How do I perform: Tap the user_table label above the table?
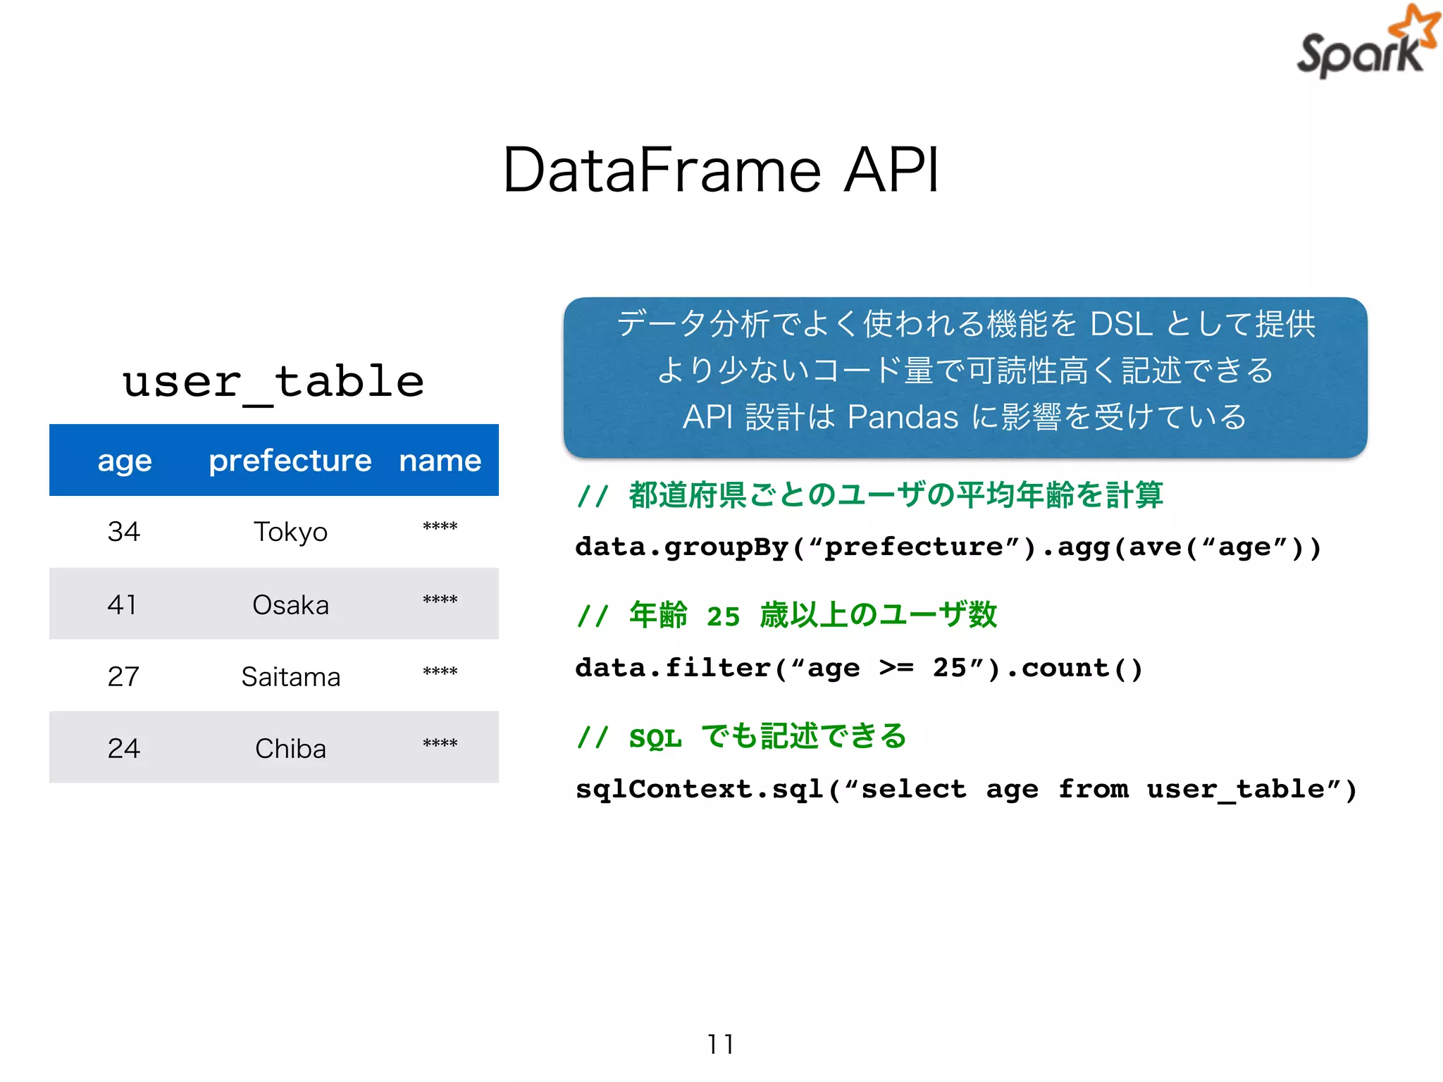click(273, 383)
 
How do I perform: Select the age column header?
click(125, 461)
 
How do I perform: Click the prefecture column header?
click(290, 461)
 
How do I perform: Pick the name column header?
click(440, 461)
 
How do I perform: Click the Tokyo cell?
click(290, 532)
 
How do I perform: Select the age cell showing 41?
click(123, 604)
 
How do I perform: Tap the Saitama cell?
click(290, 677)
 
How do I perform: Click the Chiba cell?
click(290, 749)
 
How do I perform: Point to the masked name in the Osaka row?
click(440, 601)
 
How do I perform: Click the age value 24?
click(123, 749)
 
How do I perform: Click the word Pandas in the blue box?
click(903, 417)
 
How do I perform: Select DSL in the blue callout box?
click(1121, 325)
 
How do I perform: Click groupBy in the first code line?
click(726, 547)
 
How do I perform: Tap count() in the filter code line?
click(1082, 668)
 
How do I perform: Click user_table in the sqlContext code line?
click(1235, 790)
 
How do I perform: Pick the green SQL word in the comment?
click(655, 738)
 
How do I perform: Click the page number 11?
click(721, 1044)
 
